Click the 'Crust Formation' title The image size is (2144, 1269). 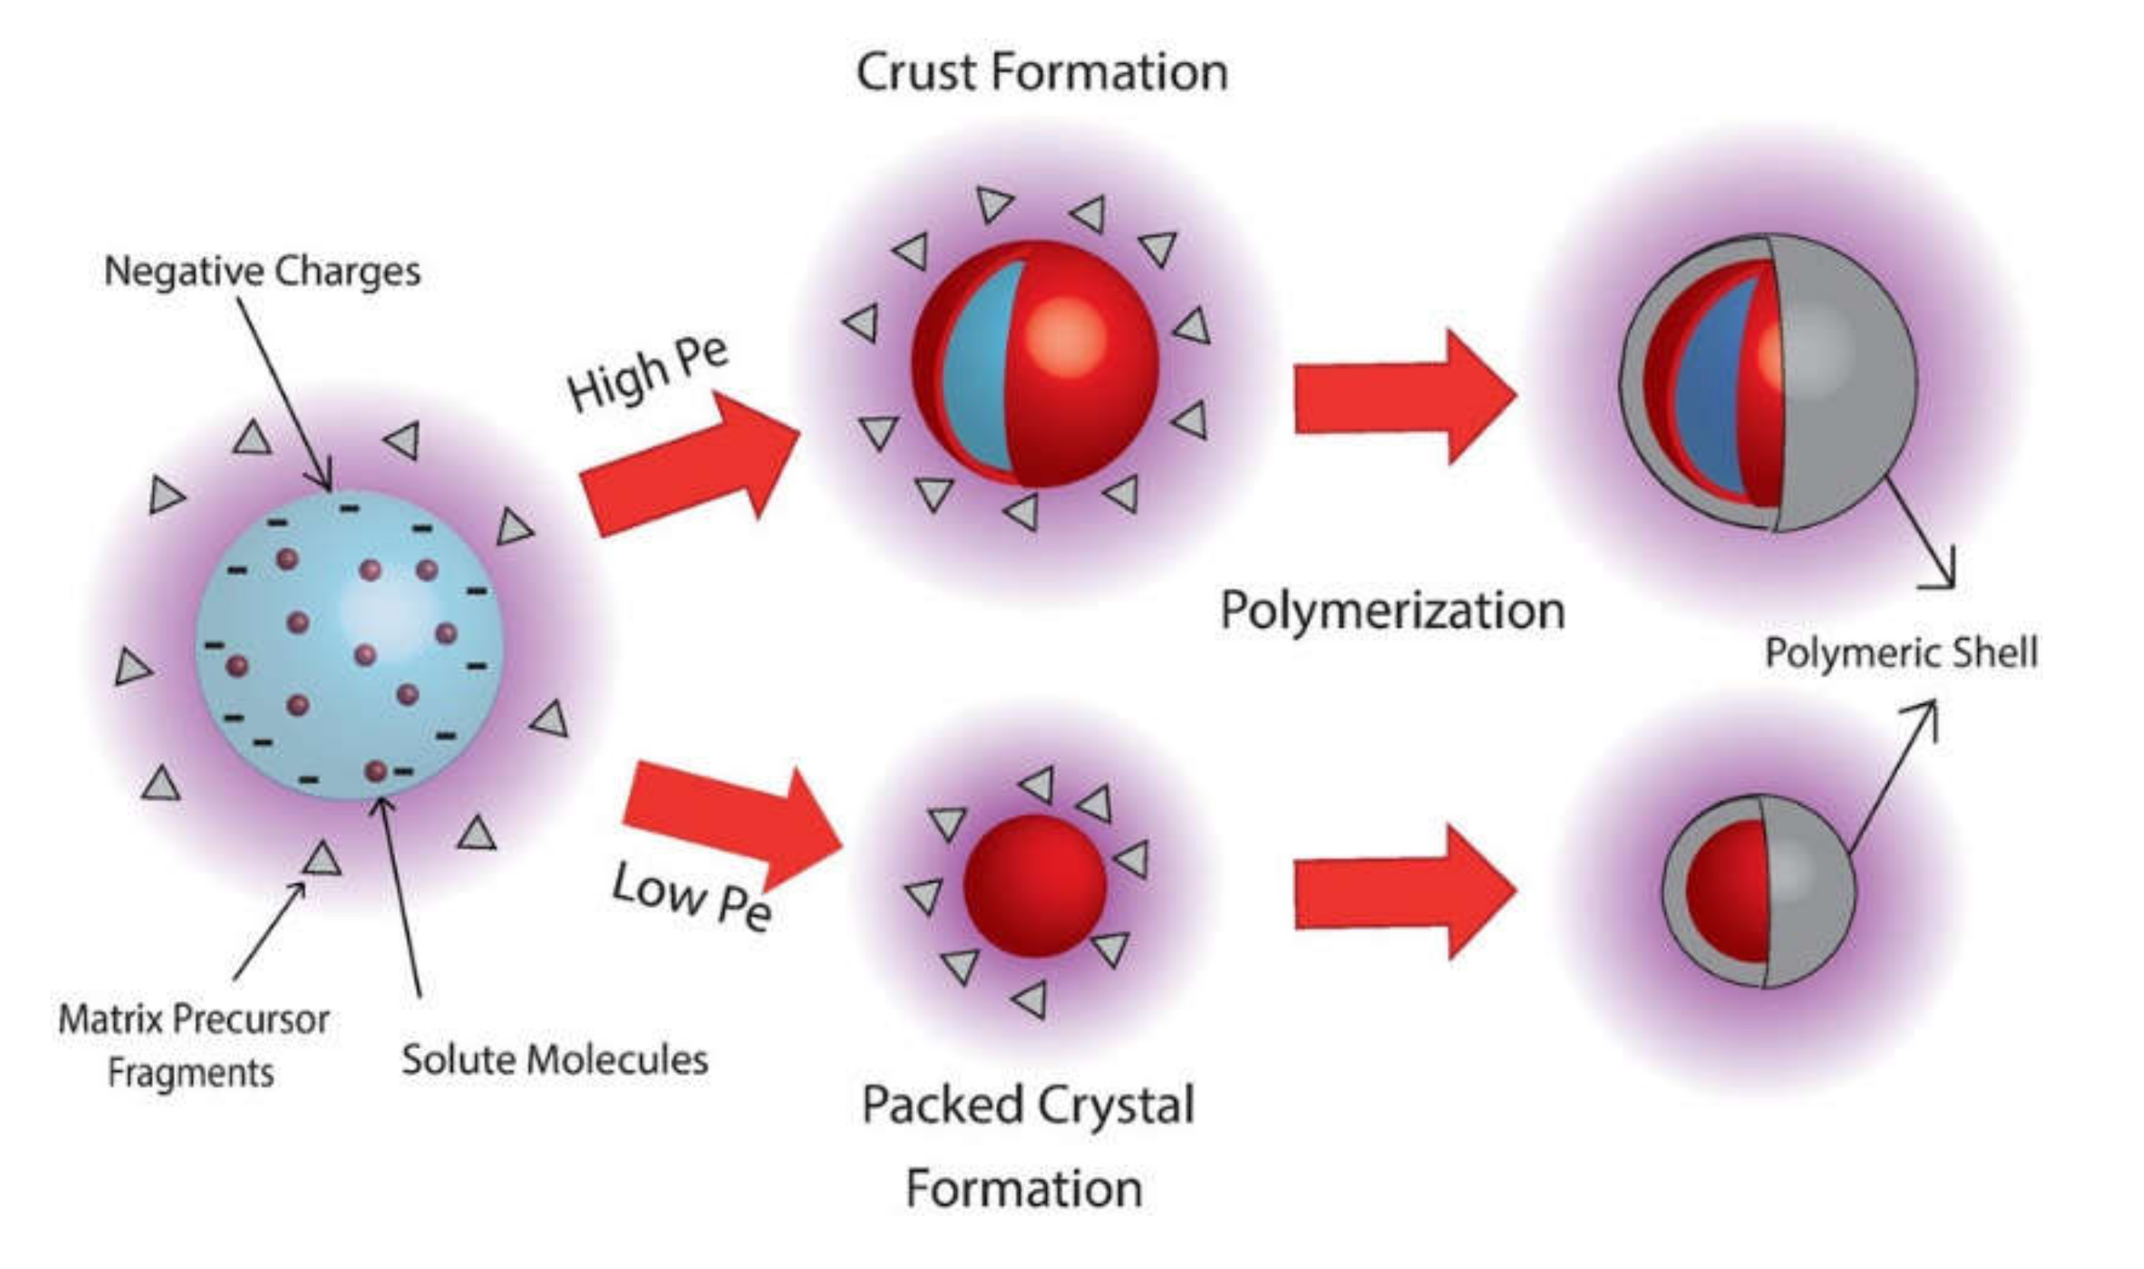point(1042,72)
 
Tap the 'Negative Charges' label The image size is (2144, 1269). point(262,272)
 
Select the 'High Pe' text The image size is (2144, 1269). point(647,375)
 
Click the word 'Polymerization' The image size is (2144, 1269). point(1393,611)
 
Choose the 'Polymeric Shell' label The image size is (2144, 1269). point(1901,653)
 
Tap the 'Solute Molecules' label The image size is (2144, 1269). point(555,1060)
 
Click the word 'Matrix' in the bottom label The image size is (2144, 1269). point(110,1019)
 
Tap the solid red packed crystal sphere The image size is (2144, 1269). point(1035,885)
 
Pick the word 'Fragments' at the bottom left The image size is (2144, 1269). point(190,1073)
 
